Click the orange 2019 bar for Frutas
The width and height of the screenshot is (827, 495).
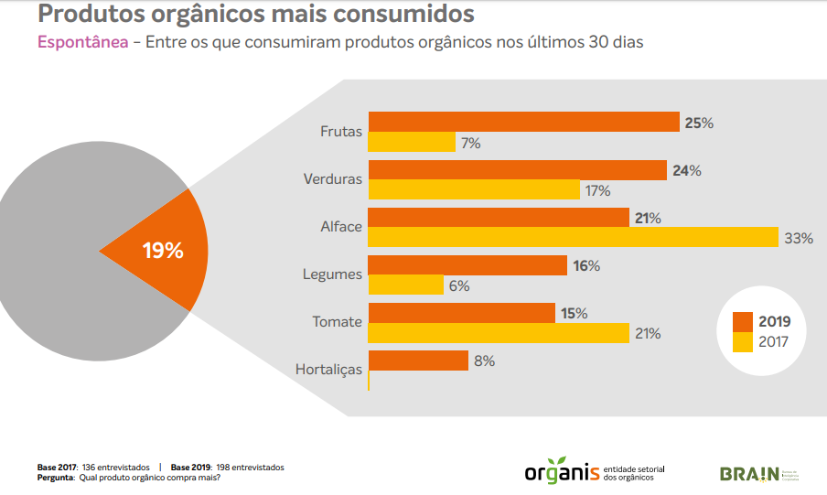click(x=523, y=123)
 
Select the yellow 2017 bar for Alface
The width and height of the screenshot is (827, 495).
click(x=573, y=238)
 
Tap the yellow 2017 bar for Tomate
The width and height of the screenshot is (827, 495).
click(x=499, y=333)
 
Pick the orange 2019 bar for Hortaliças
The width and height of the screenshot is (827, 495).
click(x=418, y=360)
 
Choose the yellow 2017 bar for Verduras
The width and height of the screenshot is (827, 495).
click(x=474, y=190)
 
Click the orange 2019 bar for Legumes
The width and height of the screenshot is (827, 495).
click(x=467, y=265)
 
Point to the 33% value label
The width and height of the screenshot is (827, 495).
click(x=799, y=239)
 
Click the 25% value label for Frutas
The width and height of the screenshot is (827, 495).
click(x=699, y=123)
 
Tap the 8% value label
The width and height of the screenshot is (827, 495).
click(x=484, y=361)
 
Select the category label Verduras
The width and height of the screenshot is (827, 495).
click(x=333, y=179)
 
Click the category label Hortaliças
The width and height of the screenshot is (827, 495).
click(x=329, y=370)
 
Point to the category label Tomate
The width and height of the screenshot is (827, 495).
click(x=338, y=322)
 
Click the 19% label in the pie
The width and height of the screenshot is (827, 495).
click(x=163, y=251)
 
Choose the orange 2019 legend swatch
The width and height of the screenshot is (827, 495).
click(x=742, y=322)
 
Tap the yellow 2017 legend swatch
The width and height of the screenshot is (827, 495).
click(x=742, y=342)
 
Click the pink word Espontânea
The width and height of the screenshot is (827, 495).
click(x=82, y=43)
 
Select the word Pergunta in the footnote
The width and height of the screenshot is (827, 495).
click(x=56, y=477)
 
